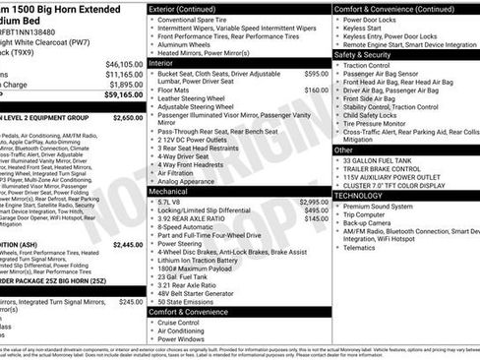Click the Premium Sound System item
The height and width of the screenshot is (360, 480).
tap(386, 207)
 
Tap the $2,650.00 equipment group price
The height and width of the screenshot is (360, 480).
tap(128, 117)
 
